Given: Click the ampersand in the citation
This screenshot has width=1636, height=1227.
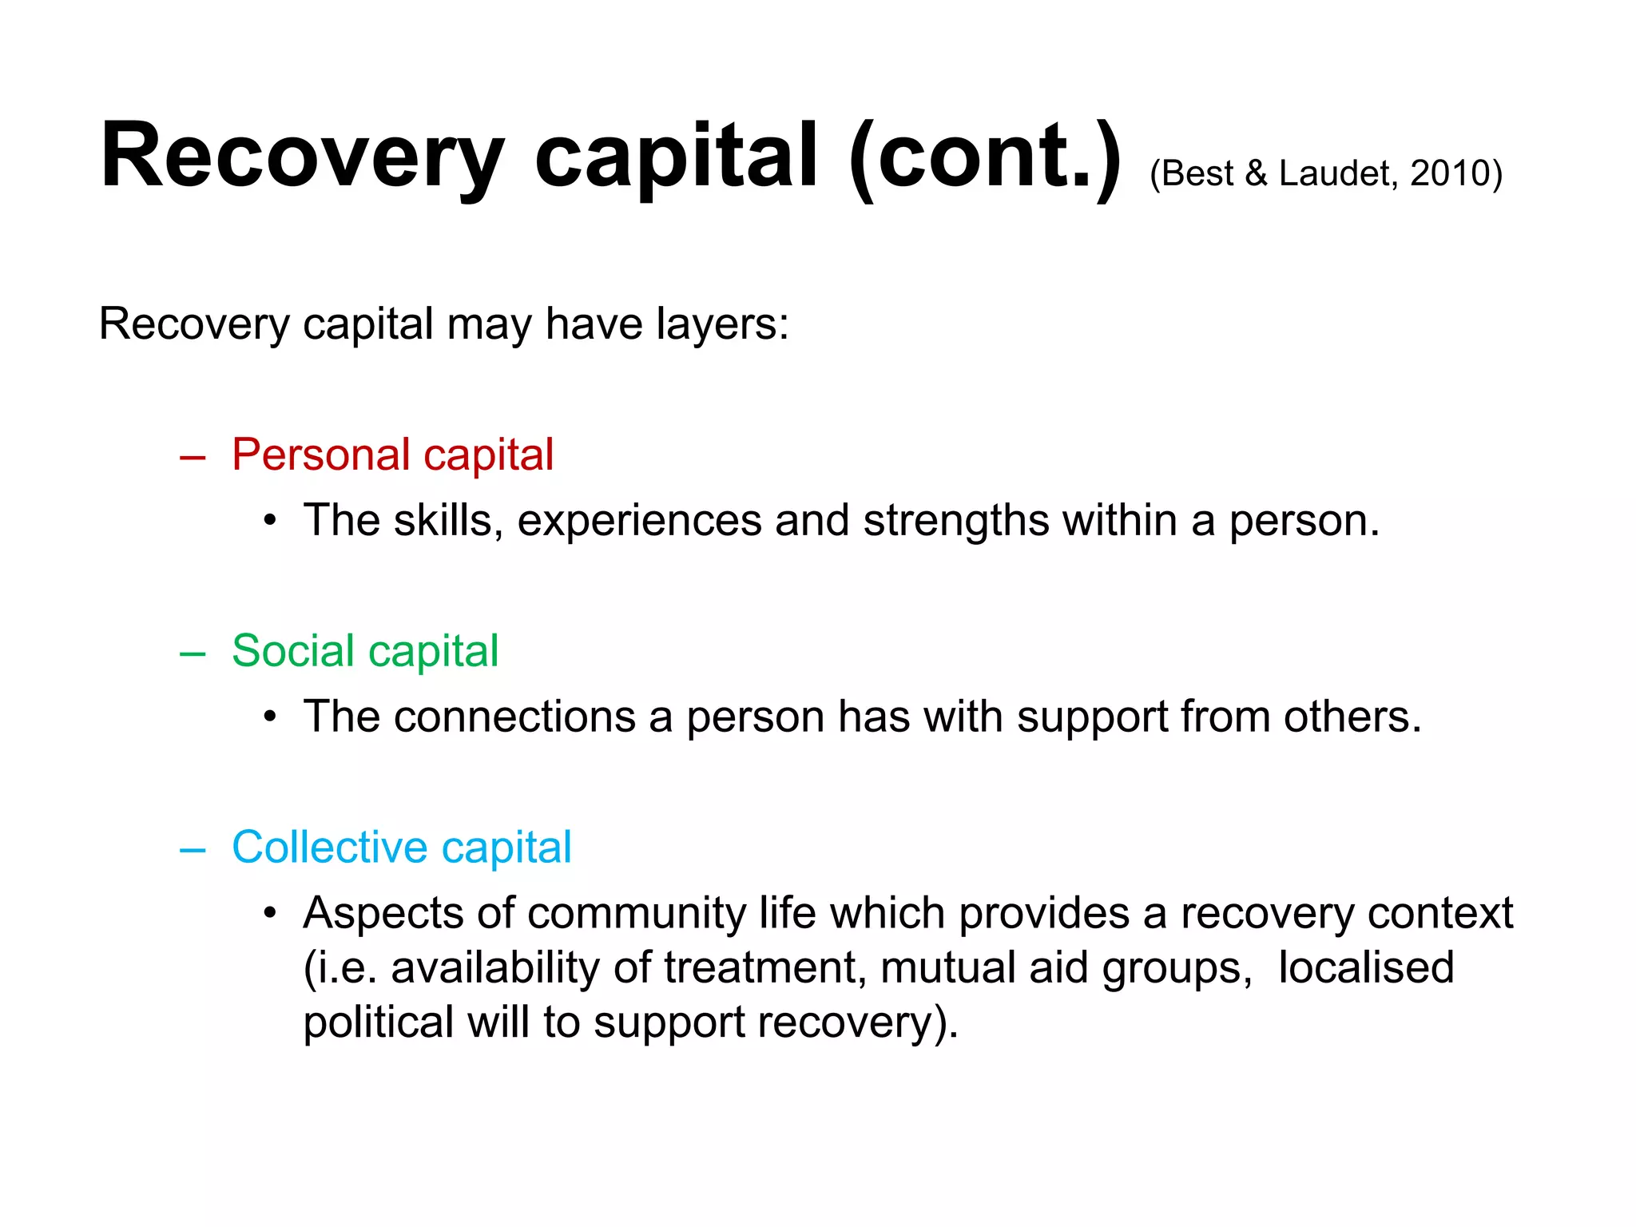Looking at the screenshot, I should (x=1256, y=173).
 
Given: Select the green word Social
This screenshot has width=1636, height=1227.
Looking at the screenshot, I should (x=292, y=651).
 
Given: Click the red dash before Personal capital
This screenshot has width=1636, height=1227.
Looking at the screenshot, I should (x=193, y=458).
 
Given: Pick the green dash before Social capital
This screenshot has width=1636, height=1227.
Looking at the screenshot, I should (x=193, y=654).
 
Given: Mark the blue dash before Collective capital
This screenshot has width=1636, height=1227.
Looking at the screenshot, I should (x=193, y=851).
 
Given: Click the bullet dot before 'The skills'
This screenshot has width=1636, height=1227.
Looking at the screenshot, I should (x=271, y=522).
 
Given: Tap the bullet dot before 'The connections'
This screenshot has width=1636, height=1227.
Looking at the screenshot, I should (x=271, y=717).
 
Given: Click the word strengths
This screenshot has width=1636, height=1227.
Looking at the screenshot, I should (x=955, y=522).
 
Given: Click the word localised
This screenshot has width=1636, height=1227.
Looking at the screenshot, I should (x=1365, y=968).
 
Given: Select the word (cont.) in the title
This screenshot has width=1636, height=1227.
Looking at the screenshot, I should (x=985, y=156).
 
